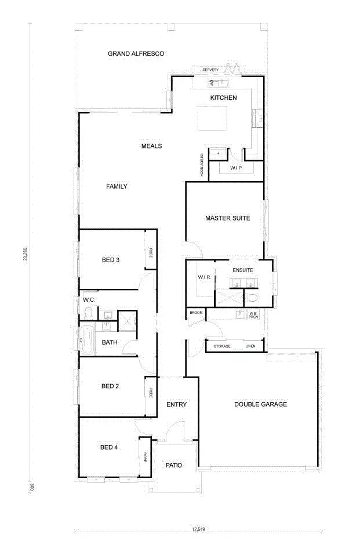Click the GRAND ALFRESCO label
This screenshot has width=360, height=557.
136,54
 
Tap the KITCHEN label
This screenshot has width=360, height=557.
223,98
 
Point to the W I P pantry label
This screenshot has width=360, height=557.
236,168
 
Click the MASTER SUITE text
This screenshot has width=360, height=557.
227,219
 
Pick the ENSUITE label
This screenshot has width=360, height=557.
243,270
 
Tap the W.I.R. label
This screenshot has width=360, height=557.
204,278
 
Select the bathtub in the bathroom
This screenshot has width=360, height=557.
88,340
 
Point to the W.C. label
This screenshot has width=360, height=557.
89,300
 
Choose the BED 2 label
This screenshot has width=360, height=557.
110,386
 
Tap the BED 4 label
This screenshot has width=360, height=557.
109,447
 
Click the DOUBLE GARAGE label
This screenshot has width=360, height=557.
260,404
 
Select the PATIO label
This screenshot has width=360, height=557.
174,465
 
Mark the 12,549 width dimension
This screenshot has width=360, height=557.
198,530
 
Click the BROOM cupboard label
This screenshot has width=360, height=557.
195,313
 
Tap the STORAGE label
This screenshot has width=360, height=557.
222,346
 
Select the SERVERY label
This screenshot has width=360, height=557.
210,70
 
